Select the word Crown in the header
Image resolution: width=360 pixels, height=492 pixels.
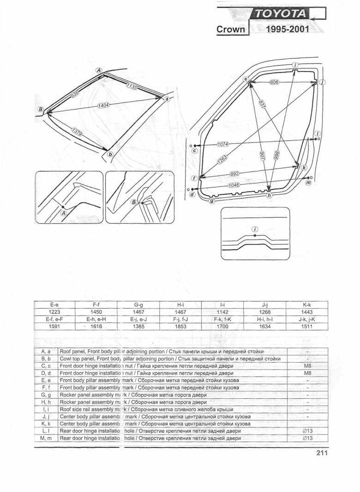[x=232, y=29]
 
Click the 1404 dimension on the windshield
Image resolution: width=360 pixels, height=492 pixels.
[x=103, y=105]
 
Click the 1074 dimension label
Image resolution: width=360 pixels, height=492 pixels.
[x=223, y=144]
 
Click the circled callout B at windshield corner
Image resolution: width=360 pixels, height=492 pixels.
[x=41, y=109]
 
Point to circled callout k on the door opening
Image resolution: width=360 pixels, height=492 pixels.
[x=304, y=168]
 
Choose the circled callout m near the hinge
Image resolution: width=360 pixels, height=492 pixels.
[x=309, y=183]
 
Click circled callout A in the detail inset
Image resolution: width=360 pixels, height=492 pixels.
[x=64, y=213]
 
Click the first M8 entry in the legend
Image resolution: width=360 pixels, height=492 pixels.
[x=307, y=366]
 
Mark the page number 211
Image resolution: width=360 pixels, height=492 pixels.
[x=322, y=453]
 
